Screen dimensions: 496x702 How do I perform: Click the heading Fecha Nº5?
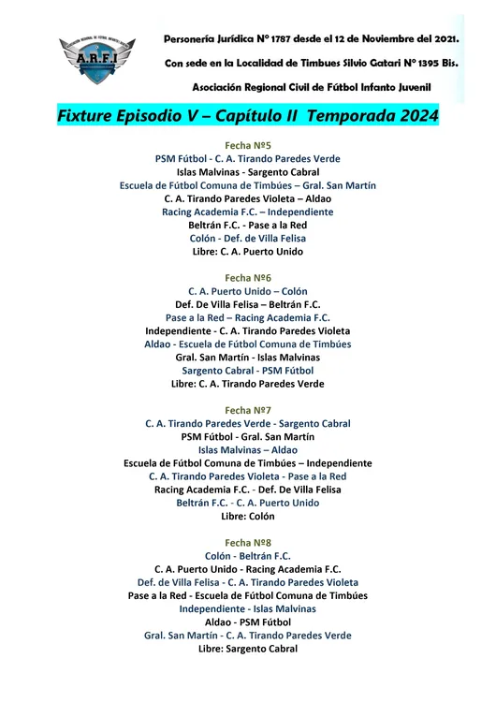click(x=248, y=146)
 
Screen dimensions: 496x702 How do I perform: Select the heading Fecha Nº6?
click(x=248, y=278)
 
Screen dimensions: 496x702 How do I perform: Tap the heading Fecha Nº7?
click(x=248, y=410)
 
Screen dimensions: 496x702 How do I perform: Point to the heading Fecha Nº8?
click(x=248, y=542)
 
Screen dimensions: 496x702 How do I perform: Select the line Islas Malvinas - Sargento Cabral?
click(x=248, y=172)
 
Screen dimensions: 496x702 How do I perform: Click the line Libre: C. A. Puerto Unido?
click(x=248, y=251)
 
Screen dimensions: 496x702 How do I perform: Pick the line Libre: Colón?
click(x=248, y=516)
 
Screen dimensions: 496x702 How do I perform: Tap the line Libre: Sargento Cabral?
click(x=248, y=648)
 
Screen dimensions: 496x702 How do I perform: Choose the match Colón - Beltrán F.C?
click(x=248, y=555)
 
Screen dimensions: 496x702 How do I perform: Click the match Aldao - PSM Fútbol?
click(x=248, y=622)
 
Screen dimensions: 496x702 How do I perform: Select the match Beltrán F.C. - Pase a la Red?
click(x=248, y=225)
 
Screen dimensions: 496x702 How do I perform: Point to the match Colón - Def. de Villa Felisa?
click(x=248, y=238)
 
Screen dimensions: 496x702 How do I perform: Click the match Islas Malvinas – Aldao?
click(x=248, y=449)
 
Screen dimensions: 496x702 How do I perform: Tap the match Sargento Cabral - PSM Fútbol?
click(x=248, y=370)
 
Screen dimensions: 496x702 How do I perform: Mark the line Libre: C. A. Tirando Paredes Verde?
click(x=248, y=384)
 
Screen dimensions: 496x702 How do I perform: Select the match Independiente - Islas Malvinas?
click(x=248, y=608)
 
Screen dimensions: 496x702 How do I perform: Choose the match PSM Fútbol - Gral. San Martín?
click(x=248, y=436)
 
